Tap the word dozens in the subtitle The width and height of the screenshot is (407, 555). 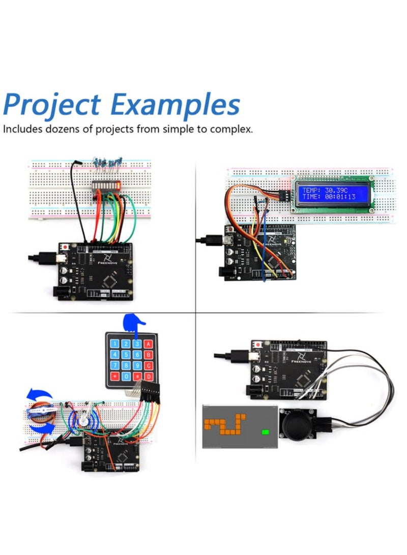(x=55, y=129)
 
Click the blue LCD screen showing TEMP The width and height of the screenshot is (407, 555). (x=334, y=193)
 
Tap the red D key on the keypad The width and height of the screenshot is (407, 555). (x=148, y=376)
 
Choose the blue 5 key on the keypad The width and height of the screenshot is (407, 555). (x=126, y=355)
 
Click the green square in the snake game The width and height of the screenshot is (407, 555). (x=265, y=432)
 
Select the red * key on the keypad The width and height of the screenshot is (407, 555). (x=115, y=377)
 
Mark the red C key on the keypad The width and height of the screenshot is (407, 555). (x=148, y=366)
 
